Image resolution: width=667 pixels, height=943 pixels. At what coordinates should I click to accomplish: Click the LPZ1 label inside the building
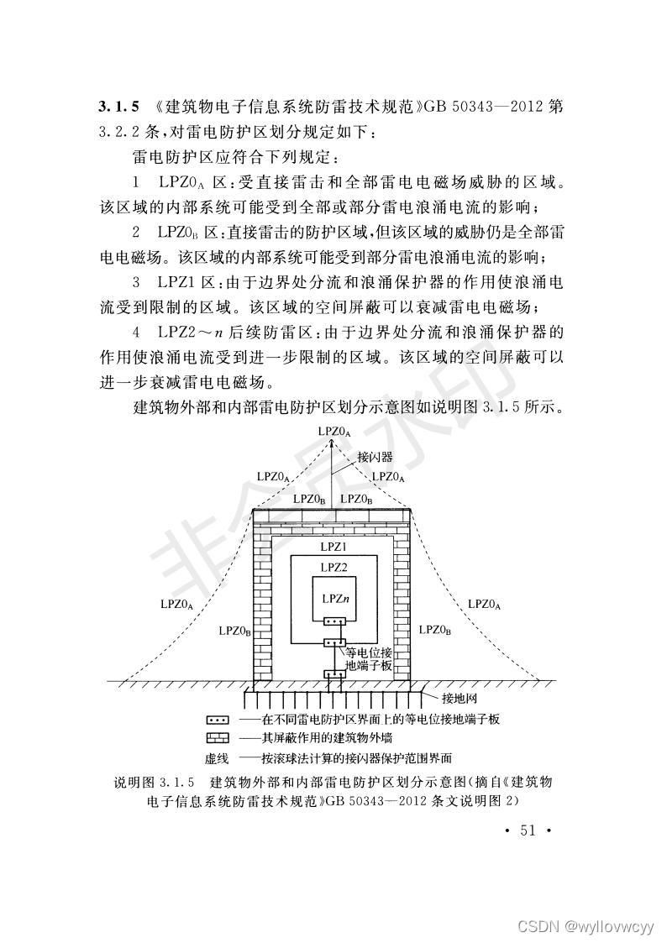tap(333, 547)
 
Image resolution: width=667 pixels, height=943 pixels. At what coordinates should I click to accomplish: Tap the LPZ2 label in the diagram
tap(333, 568)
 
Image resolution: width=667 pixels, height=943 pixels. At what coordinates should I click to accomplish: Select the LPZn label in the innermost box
tap(333, 600)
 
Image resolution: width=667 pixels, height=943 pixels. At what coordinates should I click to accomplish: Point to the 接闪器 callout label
tap(375, 458)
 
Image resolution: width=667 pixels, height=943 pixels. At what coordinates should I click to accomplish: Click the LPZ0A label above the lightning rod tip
tap(333, 431)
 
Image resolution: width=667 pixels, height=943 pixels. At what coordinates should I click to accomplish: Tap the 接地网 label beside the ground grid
tap(460, 698)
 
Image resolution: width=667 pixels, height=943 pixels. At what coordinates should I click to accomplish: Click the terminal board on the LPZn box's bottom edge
tap(333, 622)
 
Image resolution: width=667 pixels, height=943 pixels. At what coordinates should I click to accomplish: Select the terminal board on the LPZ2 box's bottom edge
tap(333, 643)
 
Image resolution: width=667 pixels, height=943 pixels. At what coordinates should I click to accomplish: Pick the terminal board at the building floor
tap(333, 675)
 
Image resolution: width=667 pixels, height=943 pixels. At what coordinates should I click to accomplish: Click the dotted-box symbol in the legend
tap(218, 720)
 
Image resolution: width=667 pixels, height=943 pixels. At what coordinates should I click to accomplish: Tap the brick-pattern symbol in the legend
tap(218, 738)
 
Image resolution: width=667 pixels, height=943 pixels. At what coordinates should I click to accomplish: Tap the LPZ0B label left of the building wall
tap(234, 630)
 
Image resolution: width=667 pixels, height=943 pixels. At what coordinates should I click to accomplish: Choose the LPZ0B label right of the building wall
tap(435, 630)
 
